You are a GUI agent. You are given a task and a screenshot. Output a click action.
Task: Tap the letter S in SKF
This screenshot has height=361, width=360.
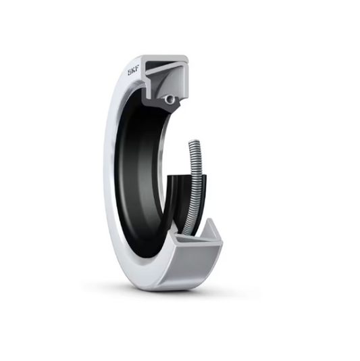click(130, 73)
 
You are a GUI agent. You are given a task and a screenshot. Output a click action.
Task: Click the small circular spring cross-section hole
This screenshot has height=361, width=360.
click(170, 99)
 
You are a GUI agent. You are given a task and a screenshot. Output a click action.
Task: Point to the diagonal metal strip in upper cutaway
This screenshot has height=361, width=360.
click(166, 68)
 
